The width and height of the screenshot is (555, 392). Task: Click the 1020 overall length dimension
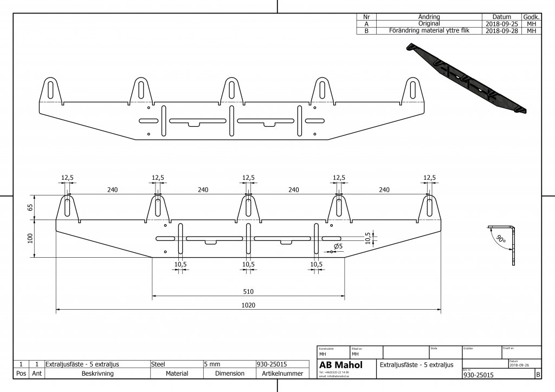tap(248, 305)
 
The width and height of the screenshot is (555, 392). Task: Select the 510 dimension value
tap(248, 291)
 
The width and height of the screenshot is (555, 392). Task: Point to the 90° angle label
tap(500, 239)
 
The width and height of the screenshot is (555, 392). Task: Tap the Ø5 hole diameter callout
tap(338, 246)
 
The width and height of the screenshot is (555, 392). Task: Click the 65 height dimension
tap(30, 207)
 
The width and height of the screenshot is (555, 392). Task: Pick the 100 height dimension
tap(30, 238)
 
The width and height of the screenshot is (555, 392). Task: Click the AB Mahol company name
tap(341, 365)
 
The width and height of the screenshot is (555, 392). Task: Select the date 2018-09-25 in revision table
tap(501, 24)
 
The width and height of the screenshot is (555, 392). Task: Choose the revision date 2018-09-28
tap(501, 31)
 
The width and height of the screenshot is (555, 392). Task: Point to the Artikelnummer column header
tap(282, 374)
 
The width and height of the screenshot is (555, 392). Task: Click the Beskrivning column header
tap(97, 374)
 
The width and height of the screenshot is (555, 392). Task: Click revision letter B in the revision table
tap(367, 31)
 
